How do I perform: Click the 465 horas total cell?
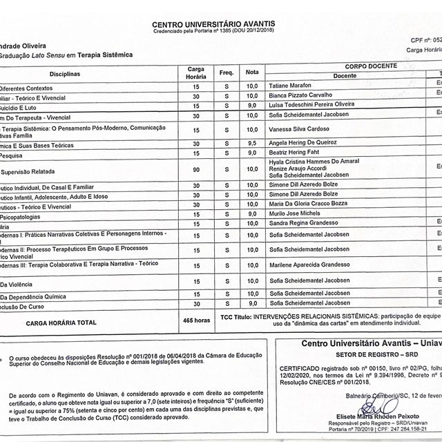197,320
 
